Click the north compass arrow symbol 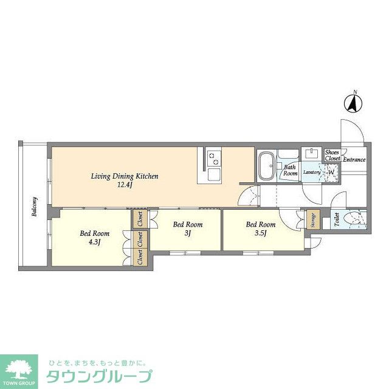(x=353, y=103)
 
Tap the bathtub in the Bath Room (x=266, y=165)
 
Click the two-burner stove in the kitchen (x=213, y=159)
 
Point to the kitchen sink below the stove (x=214, y=175)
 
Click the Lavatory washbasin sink (x=311, y=154)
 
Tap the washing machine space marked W (x=331, y=172)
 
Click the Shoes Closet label (x=332, y=156)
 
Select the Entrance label (x=354, y=160)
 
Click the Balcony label (x=35, y=207)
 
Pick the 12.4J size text (x=125, y=185)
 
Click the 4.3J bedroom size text (x=95, y=242)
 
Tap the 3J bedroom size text (x=188, y=233)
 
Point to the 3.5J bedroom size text (x=261, y=233)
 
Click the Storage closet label (x=313, y=219)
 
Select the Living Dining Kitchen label (x=125, y=176)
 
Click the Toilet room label (x=336, y=219)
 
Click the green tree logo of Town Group (x=19, y=369)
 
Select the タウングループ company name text (x=99, y=376)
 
